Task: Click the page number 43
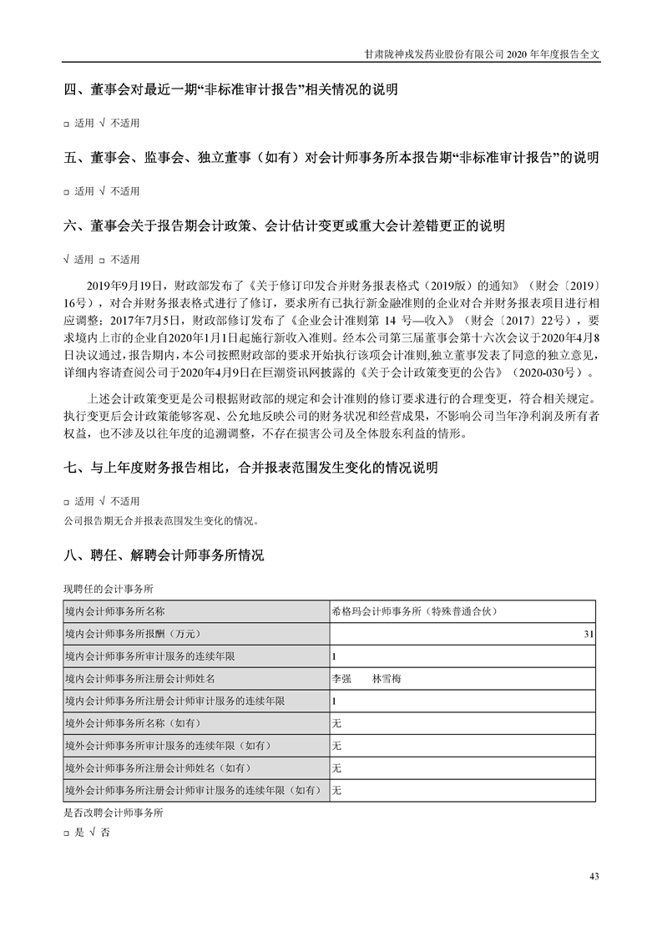coord(594,876)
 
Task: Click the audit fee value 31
coord(589,635)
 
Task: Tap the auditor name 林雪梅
coord(387,679)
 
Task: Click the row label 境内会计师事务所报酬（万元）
coord(133,635)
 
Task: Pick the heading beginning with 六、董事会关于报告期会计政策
coord(285,225)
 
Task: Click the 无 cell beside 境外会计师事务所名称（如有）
coord(337,723)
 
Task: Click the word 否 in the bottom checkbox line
coord(104,832)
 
